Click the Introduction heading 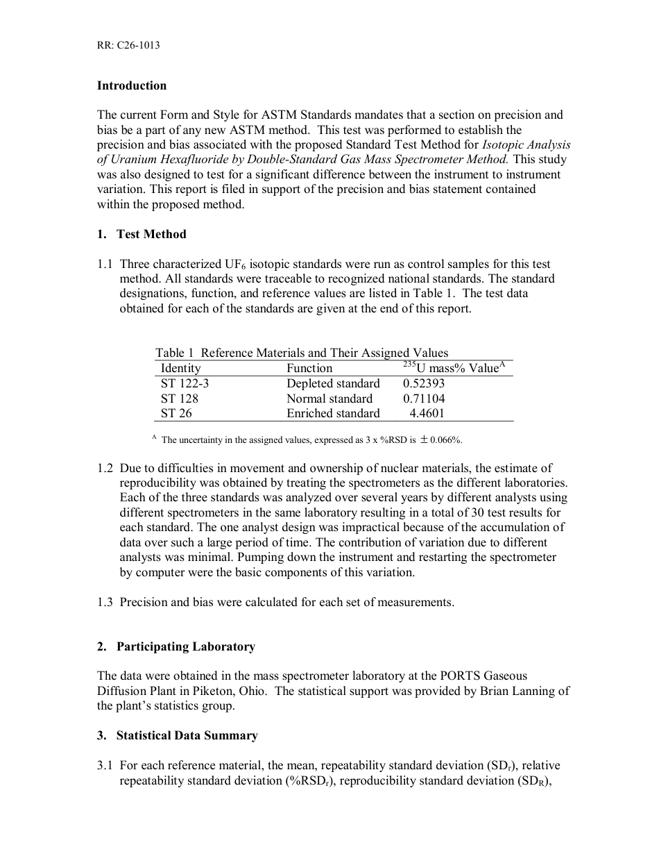click(132, 85)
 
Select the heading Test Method click(151, 234)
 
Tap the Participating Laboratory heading click(185, 646)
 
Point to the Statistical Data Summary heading click(187, 735)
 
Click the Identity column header click(180, 369)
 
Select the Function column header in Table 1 click(309, 369)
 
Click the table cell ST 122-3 click(185, 384)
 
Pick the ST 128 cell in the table click(179, 399)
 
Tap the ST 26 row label click(176, 413)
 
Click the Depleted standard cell click(333, 384)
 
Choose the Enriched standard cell click(333, 413)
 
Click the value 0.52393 click(424, 384)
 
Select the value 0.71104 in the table click(424, 399)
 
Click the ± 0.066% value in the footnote click(441, 439)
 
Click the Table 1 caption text click(302, 353)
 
